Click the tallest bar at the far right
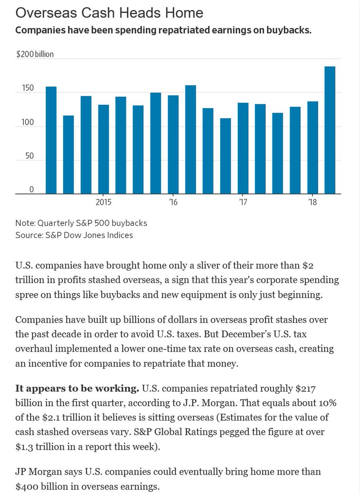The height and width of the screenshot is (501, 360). [330, 130]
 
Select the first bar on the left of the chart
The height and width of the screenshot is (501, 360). [51, 140]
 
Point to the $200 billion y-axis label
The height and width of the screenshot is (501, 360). [35, 54]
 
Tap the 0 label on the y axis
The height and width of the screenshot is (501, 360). [19, 190]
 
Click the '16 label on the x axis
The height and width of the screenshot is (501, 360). [173, 203]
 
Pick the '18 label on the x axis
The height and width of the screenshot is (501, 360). [312, 203]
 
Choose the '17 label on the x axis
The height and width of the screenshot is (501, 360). [243, 203]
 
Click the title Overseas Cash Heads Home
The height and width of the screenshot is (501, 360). [109, 13]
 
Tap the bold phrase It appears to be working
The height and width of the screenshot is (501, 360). [77, 389]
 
